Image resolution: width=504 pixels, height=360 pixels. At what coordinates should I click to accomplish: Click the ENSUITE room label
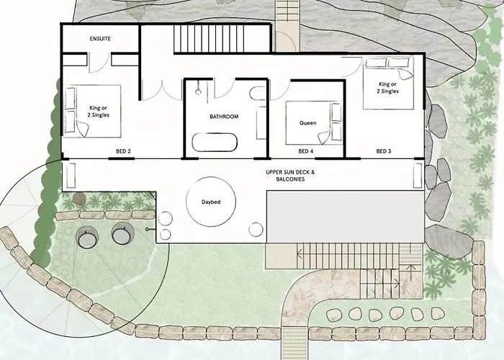(x=100, y=39)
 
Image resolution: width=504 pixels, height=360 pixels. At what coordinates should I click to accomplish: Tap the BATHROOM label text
(x=224, y=117)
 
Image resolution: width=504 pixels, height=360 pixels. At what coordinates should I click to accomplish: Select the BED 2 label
(x=123, y=151)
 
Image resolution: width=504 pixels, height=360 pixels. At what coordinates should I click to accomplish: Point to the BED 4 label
(x=306, y=151)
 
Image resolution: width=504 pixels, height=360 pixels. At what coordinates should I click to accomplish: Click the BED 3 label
(x=384, y=151)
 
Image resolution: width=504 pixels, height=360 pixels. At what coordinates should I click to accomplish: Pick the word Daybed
(x=211, y=202)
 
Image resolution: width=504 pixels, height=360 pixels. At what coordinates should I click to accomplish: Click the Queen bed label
(x=307, y=123)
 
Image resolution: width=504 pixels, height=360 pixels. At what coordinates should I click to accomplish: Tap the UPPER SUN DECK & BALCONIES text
(x=290, y=176)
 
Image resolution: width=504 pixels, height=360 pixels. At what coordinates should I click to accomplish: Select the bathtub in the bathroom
(x=215, y=143)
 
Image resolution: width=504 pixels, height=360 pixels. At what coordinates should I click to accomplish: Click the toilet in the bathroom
(x=258, y=94)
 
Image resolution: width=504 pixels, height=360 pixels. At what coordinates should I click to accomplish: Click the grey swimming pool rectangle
(x=346, y=217)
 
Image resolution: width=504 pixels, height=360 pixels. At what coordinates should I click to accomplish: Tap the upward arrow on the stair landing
(x=410, y=271)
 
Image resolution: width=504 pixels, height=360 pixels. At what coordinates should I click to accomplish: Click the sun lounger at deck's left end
(x=71, y=176)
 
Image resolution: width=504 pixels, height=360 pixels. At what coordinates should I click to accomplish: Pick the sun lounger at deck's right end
(x=418, y=176)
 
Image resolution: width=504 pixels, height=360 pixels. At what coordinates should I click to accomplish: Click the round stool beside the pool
(x=256, y=230)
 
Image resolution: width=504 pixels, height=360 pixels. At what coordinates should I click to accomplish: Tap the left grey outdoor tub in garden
(x=87, y=237)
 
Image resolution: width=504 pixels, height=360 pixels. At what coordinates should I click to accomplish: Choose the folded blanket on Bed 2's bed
(x=83, y=129)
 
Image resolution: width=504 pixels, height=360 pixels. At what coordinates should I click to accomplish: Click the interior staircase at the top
(x=222, y=39)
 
